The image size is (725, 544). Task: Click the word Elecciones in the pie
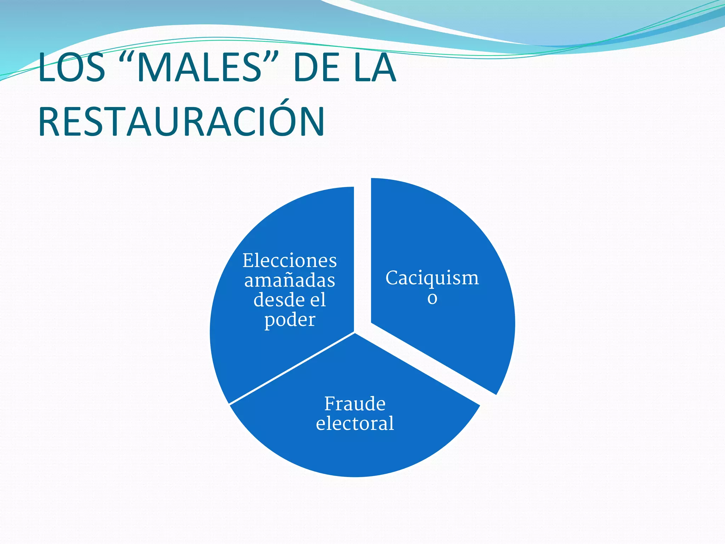[290, 261]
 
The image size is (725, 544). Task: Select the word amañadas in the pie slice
[290, 280]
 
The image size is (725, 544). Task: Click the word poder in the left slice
[290, 320]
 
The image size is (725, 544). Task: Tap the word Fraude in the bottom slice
[355, 404]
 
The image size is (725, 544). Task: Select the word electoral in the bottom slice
[355, 423]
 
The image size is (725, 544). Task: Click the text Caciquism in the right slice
[432, 278]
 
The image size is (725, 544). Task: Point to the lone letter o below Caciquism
[432, 298]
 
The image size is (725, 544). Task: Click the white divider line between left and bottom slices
[292, 368]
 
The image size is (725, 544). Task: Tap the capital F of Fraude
[330, 404]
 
